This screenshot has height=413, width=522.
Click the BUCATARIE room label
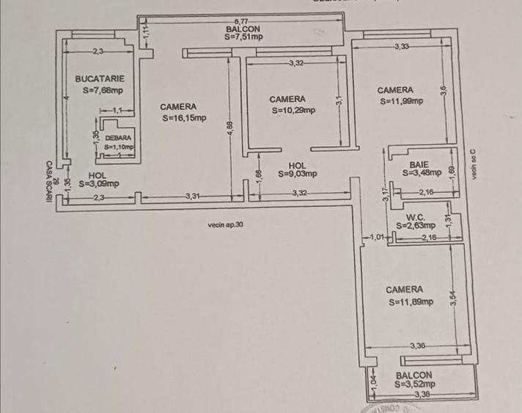click(x=100, y=78)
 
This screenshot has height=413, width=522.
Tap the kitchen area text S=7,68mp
click(x=103, y=91)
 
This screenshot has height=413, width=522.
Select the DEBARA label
click(x=118, y=138)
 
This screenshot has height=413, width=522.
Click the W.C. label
click(x=416, y=217)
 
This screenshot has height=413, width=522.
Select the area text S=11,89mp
click(x=411, y=301)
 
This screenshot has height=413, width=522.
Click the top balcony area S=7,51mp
click(x=244, y=36)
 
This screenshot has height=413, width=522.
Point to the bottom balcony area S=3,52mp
click(x=414, y=383)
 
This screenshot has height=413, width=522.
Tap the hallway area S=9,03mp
click(x=298, y=174)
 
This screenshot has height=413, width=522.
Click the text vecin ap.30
click(x=226, y=225)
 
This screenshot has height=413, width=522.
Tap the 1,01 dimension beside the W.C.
click(x=377, y=237)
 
